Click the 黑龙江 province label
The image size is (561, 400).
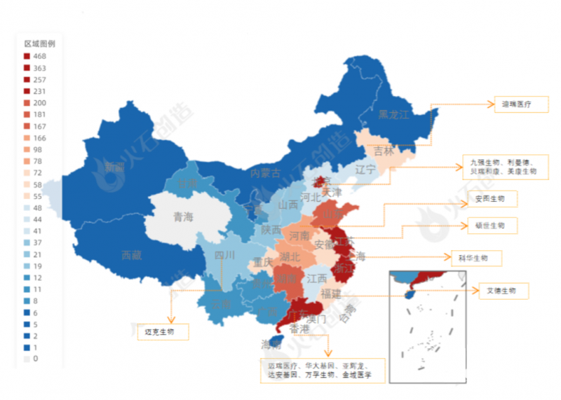click(x=393, y=116)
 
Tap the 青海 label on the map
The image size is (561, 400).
click(x=183, y=216)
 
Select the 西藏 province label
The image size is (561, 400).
click(x=131, y=256)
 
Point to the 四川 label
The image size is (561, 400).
click(x=224, y=255)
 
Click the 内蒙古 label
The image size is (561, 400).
click(x=265, y=173)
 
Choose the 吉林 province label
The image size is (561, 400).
click(x=383, y=151)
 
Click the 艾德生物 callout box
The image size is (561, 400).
click(x=502, y=290)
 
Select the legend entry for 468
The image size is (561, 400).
click(x=34, y=56)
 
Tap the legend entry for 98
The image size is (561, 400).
click(x=34, y=149)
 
